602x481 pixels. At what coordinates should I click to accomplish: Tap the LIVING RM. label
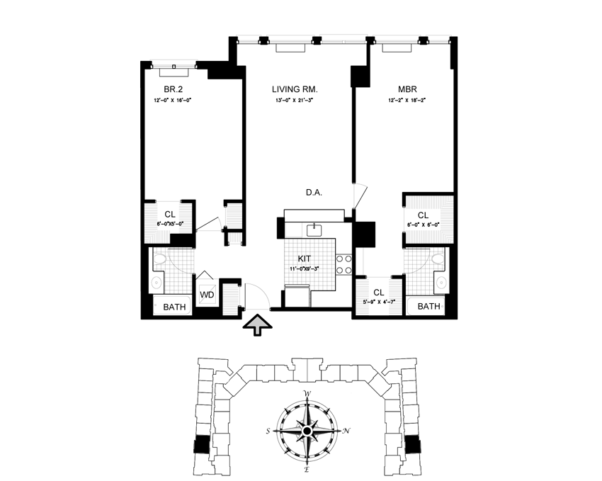(x=295, y=89)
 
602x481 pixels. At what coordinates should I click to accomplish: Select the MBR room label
(x=407, y=89)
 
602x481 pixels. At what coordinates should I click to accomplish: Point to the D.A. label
(x=314, y=193)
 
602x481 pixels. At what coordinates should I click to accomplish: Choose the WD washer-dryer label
(x=206, y=294)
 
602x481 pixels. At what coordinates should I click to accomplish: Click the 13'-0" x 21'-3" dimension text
(x=295, y=101)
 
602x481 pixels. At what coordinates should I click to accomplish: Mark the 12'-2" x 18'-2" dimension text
(x=407, y=101)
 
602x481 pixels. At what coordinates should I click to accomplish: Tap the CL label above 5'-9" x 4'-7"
(x=378, y=292)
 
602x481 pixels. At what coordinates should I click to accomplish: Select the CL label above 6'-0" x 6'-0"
(x=423, y=215)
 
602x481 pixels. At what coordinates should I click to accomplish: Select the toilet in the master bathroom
(x=438, y=259)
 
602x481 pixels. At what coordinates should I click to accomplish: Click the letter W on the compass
(x=307, y=395)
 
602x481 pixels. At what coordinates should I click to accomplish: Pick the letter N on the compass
(x=345, y=431)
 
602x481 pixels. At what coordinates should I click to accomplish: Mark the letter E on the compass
(x=307, y=468)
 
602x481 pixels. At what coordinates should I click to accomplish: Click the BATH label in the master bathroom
(x=428, y=307)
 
